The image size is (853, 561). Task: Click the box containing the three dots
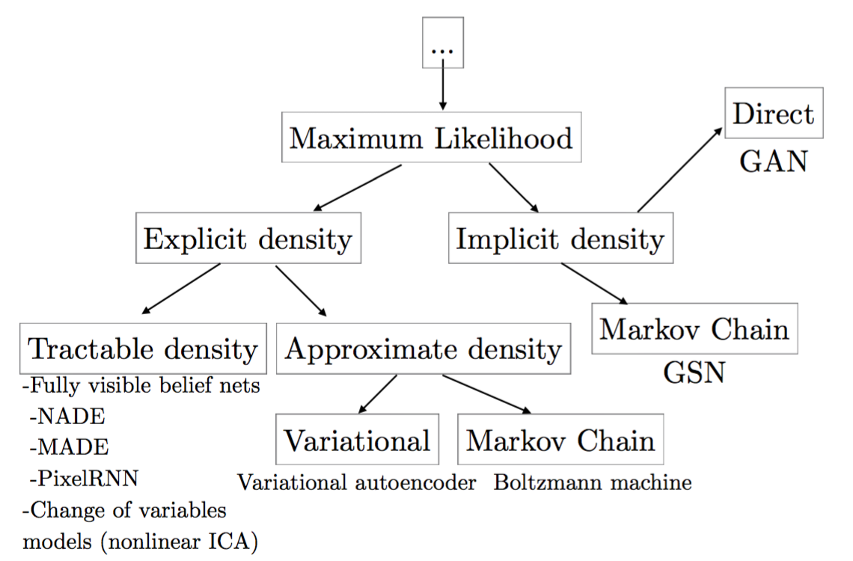coord(443,43)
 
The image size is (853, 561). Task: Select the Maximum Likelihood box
coord(432,137)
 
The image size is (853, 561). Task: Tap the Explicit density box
coord(248,238)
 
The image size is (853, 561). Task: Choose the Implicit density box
coord(561,238)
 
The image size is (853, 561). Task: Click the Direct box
coord(774,113)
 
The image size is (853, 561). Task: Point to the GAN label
coord(773,162)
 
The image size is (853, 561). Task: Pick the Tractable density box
coord(143,349)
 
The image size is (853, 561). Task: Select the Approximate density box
coord(424,349)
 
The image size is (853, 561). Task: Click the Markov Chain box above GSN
coord(694,329)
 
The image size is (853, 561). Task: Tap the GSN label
coord(694,373)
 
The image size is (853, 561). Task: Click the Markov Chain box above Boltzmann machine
coord(560,439)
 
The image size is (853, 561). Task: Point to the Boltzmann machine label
coord(593,482)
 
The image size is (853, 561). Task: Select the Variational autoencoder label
coord(356,482)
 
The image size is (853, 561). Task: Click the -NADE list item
coord(67,417)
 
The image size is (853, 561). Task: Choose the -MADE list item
coord(69,447)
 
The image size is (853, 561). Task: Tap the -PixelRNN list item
coord(84,479)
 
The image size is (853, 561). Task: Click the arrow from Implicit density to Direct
coord(680,170)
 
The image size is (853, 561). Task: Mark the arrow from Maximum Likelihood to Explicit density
coord(358,188)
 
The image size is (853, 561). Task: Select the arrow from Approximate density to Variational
coord(378,394)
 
